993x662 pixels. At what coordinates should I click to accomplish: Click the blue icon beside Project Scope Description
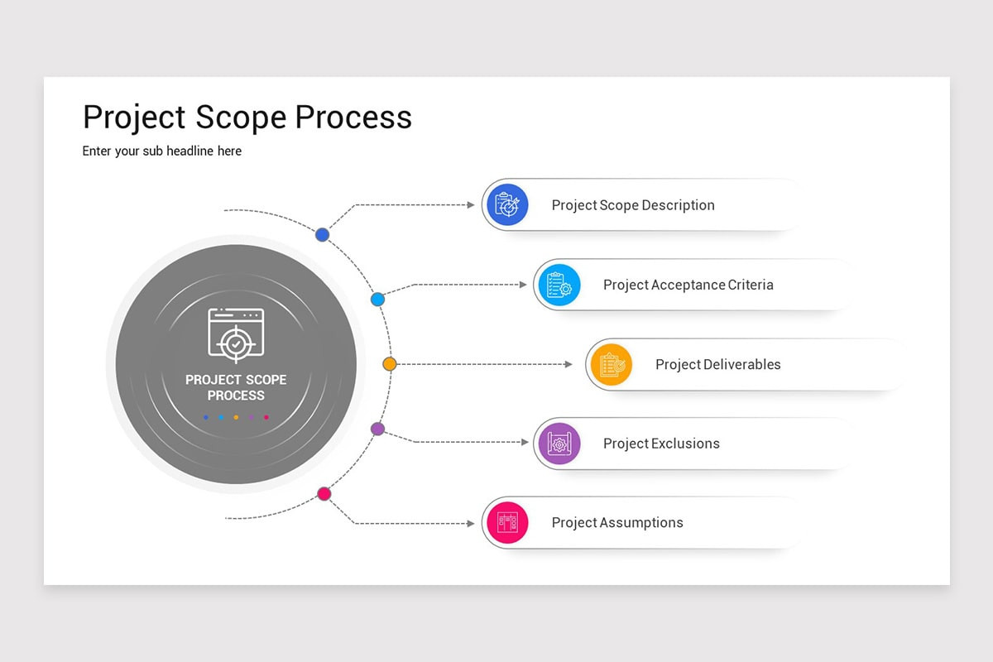coord(507,204)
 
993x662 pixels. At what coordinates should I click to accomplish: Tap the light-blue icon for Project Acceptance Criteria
coord(559,285)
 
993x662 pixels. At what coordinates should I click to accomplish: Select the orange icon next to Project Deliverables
coord(611,364)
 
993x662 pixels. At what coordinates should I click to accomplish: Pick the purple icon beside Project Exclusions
coord(559,444)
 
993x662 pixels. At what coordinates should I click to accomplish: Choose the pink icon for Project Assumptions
coord(507,523)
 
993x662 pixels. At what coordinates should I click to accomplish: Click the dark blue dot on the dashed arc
coord(323,234)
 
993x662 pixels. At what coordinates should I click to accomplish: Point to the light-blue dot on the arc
coord(377,299)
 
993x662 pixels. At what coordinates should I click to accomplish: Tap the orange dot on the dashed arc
coord(390,364)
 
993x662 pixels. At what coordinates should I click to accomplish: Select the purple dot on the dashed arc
coord(377,429)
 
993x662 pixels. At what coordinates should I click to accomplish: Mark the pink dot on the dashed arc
coord(324,494)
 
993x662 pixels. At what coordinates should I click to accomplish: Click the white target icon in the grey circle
coord(236,335)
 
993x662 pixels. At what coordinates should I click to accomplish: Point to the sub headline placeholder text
coord(162,151)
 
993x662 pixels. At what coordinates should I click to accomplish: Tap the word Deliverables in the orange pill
coord(741,364)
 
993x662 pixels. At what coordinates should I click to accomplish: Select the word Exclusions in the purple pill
coord(684,444)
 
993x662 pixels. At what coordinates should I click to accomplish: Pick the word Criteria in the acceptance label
coord(751,285)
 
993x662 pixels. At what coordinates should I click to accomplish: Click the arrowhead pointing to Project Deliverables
coord(568,364)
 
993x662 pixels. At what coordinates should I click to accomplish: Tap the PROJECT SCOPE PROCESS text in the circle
coord(236,387)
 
